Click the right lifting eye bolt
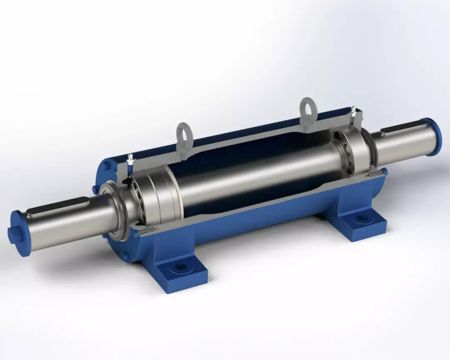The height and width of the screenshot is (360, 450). click(x=308, y=107)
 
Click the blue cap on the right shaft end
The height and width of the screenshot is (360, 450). click(x=433, y=136)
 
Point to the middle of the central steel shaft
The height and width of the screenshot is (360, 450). click(x=254, y=175)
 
